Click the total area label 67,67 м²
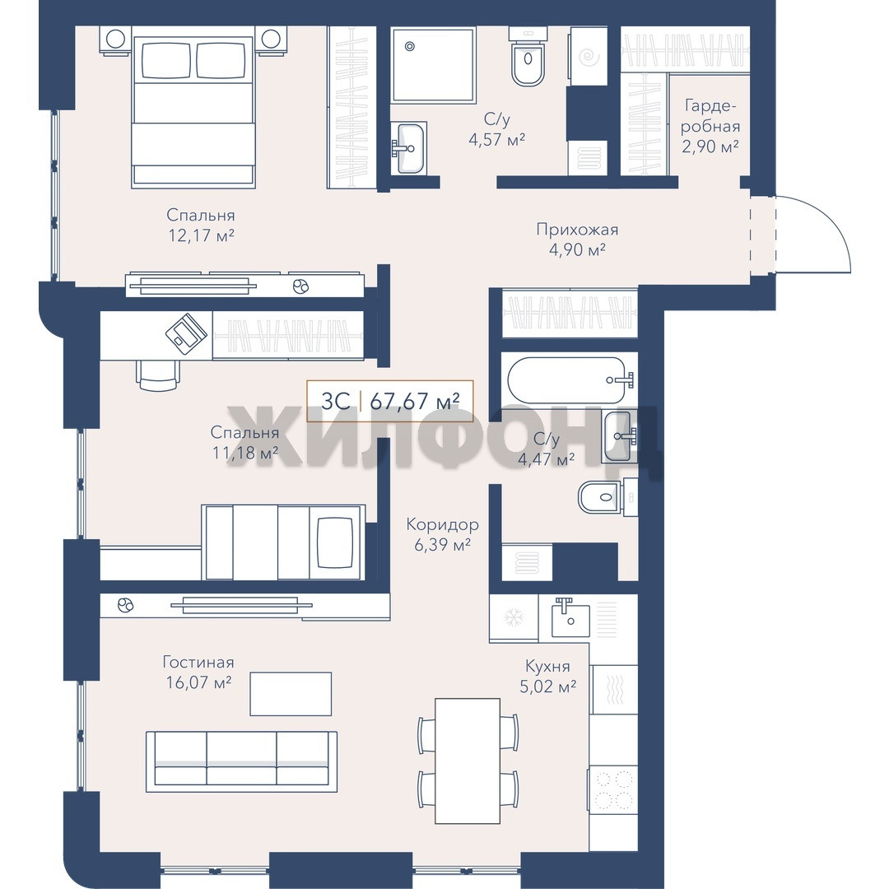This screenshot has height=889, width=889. pos(414,401)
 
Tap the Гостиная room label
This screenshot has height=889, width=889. pos(198,662)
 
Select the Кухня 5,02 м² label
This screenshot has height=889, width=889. pos(547,676)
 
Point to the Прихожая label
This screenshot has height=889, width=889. pos(577,230)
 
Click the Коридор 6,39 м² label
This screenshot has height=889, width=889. pos(442,535)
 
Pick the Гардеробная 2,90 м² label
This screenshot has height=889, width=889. pos(710,126)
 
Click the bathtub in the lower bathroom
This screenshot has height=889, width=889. pos(570,379)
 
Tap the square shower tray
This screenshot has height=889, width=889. pos(433,65)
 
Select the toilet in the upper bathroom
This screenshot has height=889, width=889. pos(528,56)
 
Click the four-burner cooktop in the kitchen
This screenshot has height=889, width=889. pos(613,789)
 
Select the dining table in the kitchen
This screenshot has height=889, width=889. pos(468,761)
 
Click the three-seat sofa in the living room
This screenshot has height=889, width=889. pos(241,761)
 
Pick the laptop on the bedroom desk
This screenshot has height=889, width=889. pos(186,333)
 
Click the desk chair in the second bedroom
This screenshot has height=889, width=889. pos(157,375)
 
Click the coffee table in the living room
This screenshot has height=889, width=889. pos(291,694)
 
